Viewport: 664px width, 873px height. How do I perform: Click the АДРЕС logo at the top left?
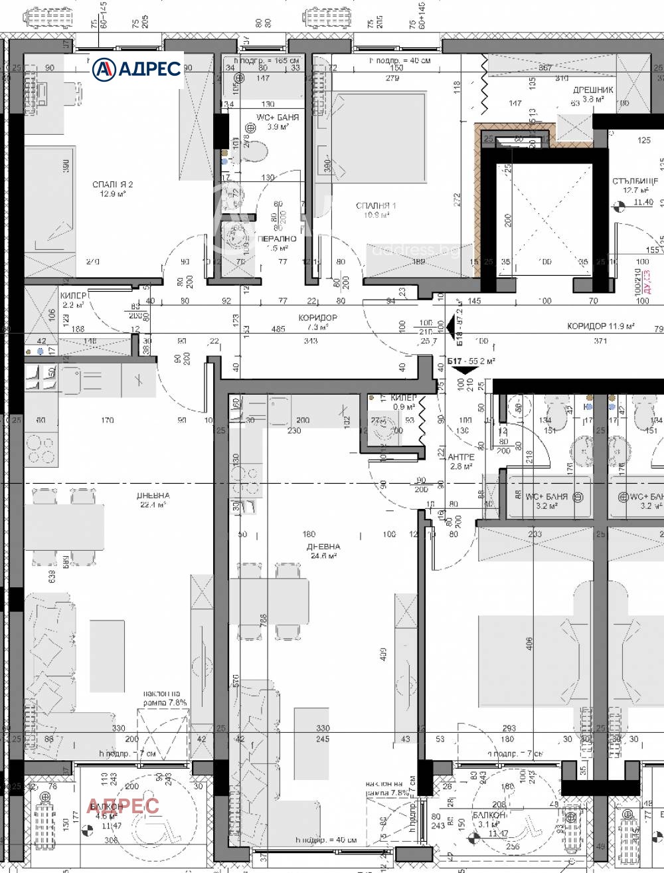coord(137,68)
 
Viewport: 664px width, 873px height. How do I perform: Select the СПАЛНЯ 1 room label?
coord(376,210)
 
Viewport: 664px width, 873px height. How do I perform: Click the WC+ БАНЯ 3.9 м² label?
coord(278,122)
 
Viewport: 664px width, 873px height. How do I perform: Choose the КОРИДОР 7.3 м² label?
coord(317,322)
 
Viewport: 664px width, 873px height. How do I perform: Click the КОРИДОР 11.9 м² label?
coord(601,326)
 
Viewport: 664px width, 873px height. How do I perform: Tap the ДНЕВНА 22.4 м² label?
coord(153,500)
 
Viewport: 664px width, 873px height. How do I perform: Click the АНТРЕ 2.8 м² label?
coord(461,462)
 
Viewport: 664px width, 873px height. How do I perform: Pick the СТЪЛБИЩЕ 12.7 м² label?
coord(635,185)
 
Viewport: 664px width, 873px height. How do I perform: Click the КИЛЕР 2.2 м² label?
coord(72,300)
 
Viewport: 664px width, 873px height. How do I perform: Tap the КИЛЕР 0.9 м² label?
coord(404,402)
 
